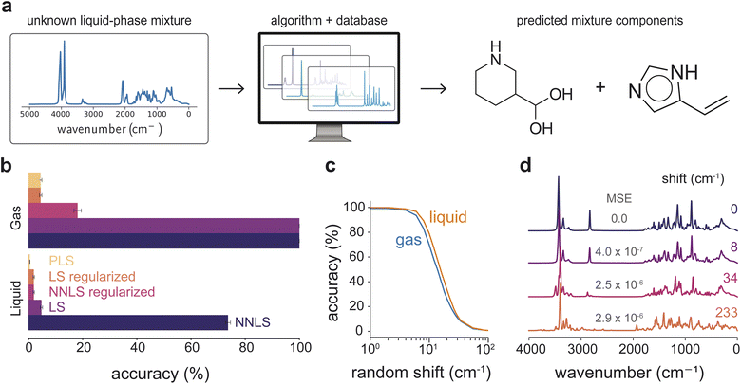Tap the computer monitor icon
coord(330,87)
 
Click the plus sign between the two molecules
coord(600,87)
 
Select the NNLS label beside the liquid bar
coord(253,322)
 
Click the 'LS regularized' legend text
coord(92,277)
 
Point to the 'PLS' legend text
coord(62,261)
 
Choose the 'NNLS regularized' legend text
coord(102,292)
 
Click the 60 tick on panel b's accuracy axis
coord(191,348)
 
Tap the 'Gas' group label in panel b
coord(16,217)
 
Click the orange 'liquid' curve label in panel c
coord(447,217)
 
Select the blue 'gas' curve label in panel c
coord(408,241)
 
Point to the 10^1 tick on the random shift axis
coord(428,350)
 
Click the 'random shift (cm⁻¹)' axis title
coord(421,373)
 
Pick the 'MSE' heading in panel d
coord(618,198)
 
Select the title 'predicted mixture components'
coord(599,21)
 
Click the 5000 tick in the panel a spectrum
coord(29,114)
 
